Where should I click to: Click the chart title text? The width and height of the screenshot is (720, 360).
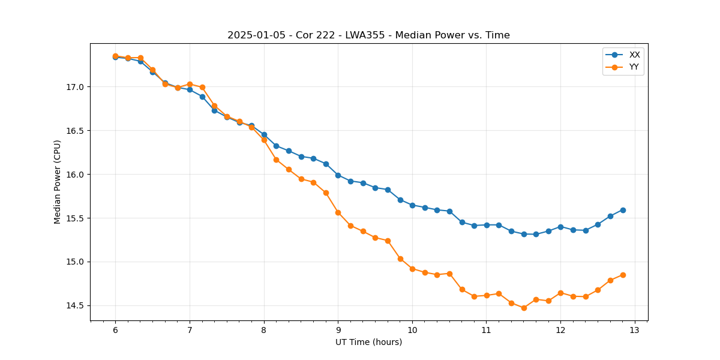368,35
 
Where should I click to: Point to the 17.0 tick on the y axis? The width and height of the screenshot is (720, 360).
75,87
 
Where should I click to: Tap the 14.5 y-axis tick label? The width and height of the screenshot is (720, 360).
75,306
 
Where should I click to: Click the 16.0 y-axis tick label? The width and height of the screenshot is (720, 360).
75,175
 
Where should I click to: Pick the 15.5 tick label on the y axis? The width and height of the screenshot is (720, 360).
75,218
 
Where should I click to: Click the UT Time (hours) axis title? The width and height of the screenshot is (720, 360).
368,342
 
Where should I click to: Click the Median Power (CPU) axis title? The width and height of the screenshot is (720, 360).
58,182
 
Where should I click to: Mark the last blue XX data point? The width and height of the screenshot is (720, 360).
623,210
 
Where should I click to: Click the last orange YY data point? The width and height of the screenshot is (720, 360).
623,275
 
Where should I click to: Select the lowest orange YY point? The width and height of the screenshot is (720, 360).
524,308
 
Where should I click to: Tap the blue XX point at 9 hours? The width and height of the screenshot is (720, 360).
338,175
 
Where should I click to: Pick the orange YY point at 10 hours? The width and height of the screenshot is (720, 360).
412,269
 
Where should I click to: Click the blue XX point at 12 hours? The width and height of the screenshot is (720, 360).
560,227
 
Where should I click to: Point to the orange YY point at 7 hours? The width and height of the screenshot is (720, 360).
190,85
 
